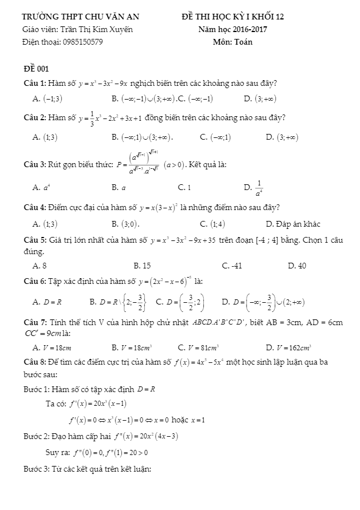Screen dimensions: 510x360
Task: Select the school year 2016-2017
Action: click(247, 29)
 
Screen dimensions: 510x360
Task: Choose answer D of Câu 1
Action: click(260, 99)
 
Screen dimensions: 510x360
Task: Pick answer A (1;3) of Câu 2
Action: click(46, 137)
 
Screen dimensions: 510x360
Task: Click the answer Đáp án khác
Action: click(293, 223)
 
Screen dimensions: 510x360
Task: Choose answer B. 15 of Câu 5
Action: click(142, 265)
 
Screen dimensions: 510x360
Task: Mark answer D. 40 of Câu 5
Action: click(297, 265)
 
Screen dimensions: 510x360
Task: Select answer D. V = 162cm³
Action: click(288, 347)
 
